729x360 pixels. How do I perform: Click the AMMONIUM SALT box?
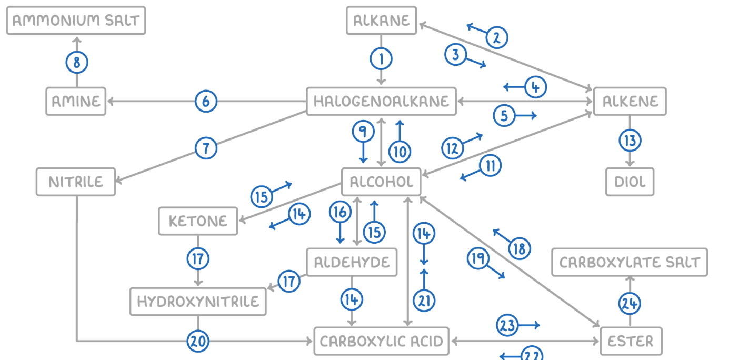pos(76,21)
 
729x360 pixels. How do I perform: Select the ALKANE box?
pos(381,21)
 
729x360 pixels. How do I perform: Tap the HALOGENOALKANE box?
pos(381,101)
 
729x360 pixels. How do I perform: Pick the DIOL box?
pos(630,182)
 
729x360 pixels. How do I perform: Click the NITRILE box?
pos(76,182)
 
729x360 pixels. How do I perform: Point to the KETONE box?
pos(198,221)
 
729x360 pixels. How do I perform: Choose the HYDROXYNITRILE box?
pos(198,302)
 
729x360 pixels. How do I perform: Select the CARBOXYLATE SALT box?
pos(630,263)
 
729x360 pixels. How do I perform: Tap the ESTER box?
pos(630,342)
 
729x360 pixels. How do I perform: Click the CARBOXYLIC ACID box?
pos(382,342)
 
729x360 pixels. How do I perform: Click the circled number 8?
pos(77,63)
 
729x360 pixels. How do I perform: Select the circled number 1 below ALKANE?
pos(381,58)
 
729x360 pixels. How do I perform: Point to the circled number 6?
pos(206,101)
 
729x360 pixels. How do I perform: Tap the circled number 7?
pos(206,148)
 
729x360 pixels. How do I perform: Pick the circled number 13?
pos(630,141)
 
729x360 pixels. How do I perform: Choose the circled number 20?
pos(198,342)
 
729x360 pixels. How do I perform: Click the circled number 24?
pos(630,303)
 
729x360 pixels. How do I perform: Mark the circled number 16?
pos(340,212)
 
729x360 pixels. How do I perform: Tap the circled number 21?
pos(424,301)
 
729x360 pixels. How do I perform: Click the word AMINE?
pos(76,101)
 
